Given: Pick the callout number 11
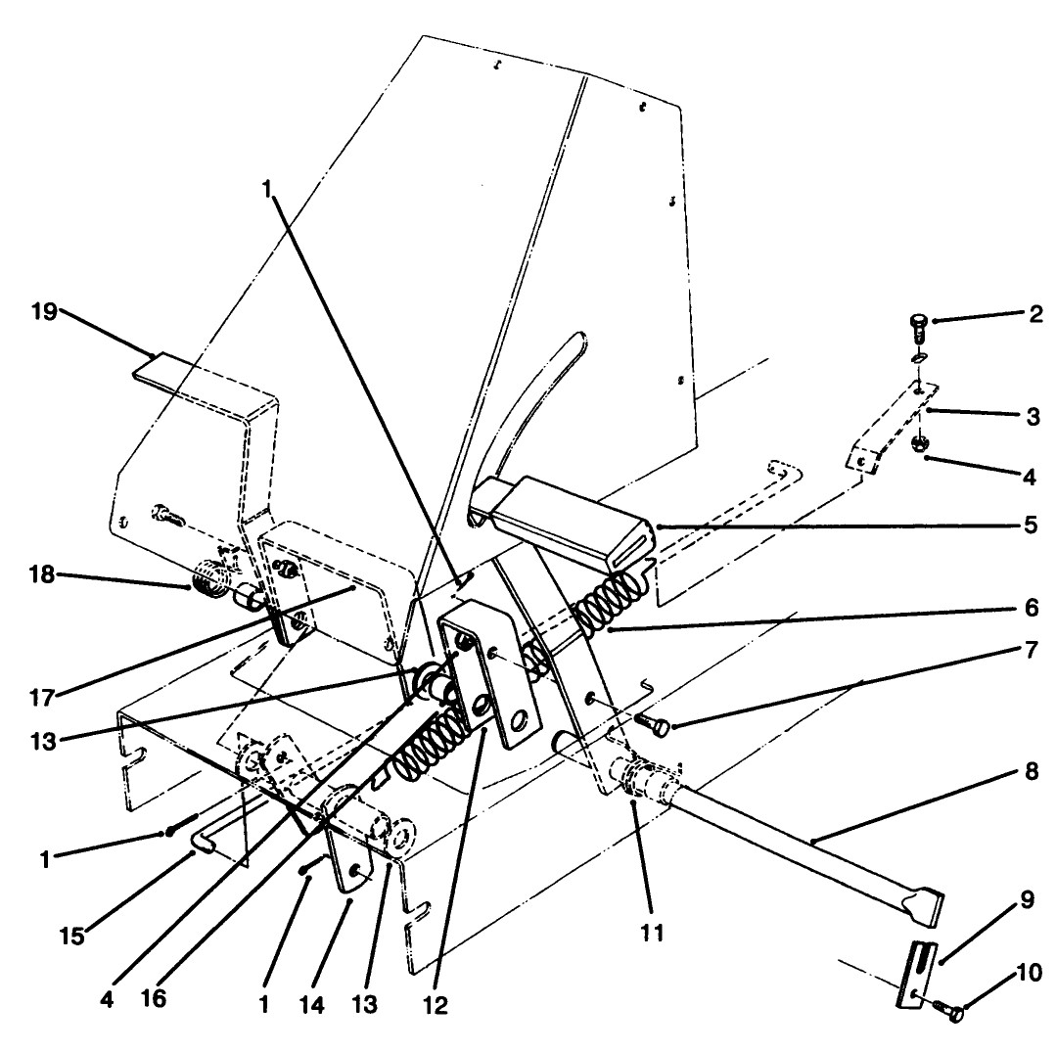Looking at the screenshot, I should click(x=653, y=933).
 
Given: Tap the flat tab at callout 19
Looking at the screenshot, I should click(x=166, y=366).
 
